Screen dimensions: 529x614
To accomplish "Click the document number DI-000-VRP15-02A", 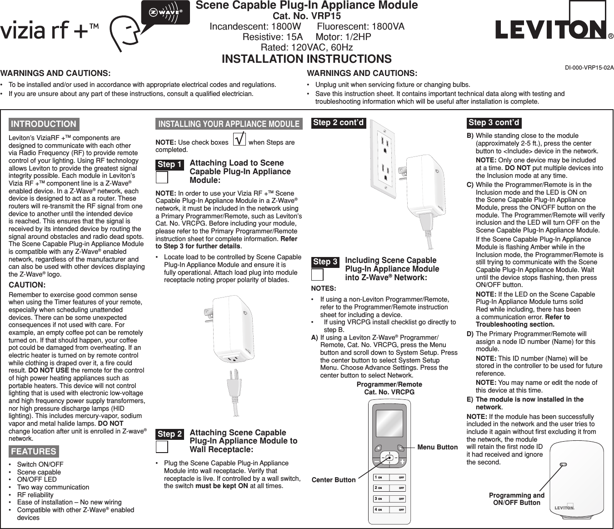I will coord(589,68).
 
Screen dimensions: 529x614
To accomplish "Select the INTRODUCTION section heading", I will coord(44,124).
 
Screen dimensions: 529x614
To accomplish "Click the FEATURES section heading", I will coord(34,451).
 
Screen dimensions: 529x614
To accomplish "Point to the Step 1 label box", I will coord(170,164).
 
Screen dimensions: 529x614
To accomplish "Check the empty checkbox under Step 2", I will coord(162,447).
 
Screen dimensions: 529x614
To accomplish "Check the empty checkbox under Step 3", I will coord(317,275).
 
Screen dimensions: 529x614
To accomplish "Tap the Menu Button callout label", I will coord(437,447).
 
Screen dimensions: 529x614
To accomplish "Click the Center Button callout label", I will coord(333,480).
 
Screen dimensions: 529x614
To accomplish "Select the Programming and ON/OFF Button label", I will coord(516,499).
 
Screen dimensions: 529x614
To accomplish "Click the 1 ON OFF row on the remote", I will coord(389,477).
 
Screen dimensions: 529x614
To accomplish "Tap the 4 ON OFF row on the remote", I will coord(389,509).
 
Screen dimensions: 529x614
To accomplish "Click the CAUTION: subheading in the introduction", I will coord(27,285).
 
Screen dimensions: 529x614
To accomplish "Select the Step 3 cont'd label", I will coord(494,122).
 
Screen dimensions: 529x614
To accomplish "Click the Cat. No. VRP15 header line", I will coord(307,16).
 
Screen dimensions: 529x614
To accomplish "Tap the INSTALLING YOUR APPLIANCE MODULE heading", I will coord(229,124).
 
